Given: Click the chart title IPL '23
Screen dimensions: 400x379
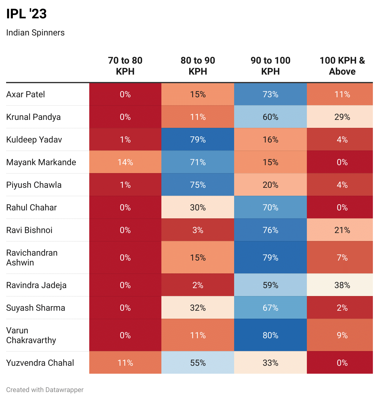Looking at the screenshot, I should [x=26, y=14].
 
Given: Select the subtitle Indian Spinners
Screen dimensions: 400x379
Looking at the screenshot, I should [x=35, y=33].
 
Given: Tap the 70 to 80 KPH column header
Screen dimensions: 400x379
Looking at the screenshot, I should [x=125, y=66].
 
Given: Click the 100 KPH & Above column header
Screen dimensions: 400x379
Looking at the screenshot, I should [x=342, y=66].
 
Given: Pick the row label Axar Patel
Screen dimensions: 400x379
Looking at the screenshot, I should [x=25, y=94].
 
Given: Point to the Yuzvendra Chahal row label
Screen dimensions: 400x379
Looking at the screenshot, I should [x=40, y=363].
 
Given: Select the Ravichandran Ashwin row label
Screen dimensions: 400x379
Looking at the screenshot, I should [x=32, y=257].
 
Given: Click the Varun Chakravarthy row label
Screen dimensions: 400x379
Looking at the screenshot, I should [x=31, y=335].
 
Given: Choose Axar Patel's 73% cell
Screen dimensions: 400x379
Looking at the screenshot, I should [x=270, y=94].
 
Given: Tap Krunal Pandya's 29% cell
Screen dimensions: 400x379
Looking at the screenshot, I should [x=342, y=117].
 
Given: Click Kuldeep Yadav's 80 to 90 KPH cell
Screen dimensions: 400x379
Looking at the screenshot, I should [x=198, y=140].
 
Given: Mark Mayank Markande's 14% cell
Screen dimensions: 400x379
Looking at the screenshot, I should [x=125, y=162].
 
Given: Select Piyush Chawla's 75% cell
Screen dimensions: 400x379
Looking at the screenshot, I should [x=198, y=185].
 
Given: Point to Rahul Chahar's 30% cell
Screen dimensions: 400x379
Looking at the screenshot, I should [x=198, y=208].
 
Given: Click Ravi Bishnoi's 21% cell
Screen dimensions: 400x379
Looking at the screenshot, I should [x=342, y=230].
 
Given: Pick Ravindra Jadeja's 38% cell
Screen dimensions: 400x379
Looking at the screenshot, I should [x=342, y=285].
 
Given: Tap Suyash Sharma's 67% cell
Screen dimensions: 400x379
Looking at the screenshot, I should [x=270, y=308].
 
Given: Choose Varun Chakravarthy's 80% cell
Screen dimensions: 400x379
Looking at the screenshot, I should [x=270, y=335].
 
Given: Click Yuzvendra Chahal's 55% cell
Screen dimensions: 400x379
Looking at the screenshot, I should [x=198, y=363].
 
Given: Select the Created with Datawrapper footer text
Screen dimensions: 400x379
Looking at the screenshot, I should [x=45, y=390].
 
